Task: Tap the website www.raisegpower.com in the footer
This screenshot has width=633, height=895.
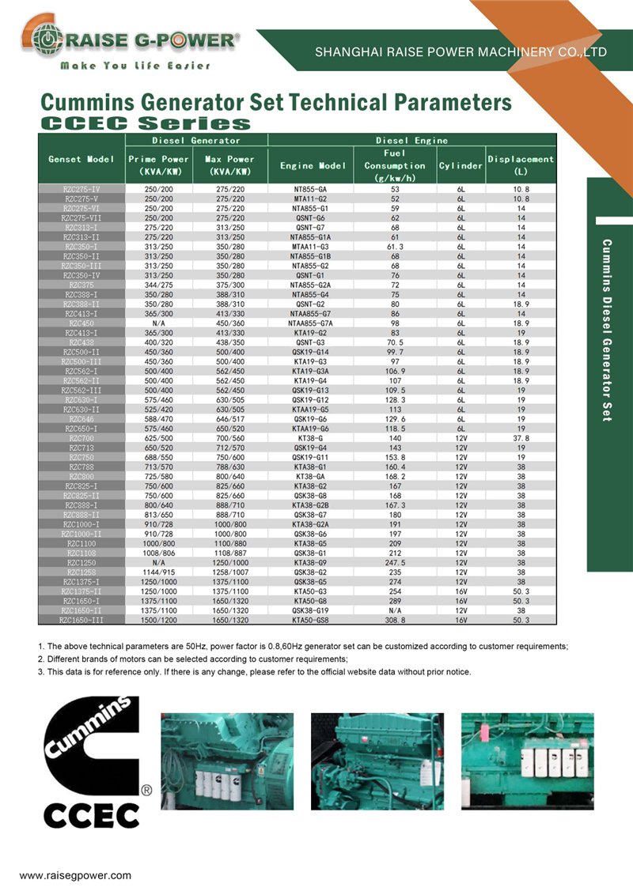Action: coord(75,875)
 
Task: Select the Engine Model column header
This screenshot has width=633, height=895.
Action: coord(313,166)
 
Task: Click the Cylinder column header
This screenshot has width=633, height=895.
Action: coord(461,166)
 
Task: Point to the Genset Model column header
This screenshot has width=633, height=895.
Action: coord(81,159)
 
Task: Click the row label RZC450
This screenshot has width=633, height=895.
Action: coord(81,323)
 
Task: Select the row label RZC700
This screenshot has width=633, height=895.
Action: coord(81,437)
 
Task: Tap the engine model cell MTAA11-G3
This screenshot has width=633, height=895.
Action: coord(310,246)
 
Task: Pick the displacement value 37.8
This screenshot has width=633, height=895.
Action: coord(521,437)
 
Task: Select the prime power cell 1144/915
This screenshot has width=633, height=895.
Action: coord(158,572)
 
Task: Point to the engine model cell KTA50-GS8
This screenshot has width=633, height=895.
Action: coord(310,621)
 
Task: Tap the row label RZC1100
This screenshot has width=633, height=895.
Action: coord(81,543)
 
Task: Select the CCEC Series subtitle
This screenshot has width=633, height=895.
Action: coord(146,123)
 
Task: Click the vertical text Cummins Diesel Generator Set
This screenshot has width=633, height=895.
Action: coord(607,330)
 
